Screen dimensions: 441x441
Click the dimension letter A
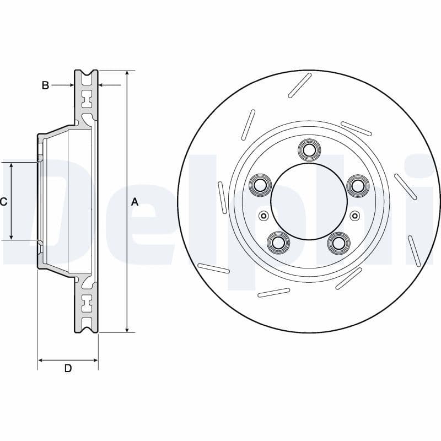(x=135, y=202)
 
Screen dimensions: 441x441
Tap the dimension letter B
(x=46, y=85)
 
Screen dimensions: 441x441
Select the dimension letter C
(x=3, y=202)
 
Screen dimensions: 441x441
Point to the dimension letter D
(x=68, y=368)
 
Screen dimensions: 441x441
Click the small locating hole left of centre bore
(x=263, y=215)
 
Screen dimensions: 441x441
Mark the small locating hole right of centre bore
(x=354, y=215)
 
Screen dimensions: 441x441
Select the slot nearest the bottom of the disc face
(x=274, y=292)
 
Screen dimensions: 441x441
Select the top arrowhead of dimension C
(x=12, y=166)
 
